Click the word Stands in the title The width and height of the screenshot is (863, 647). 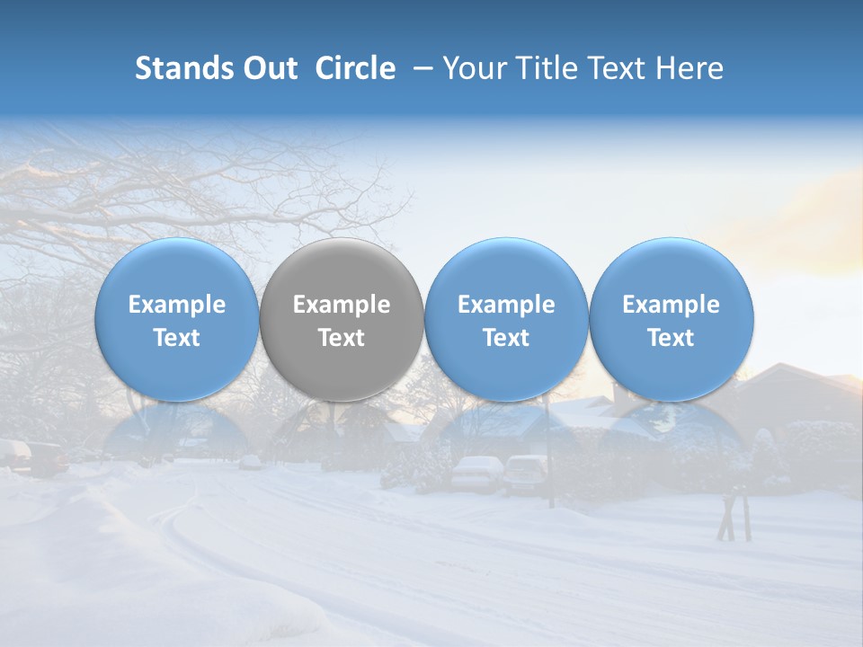[185, 68]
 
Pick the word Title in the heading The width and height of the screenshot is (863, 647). [548, 68]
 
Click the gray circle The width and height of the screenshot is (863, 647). [342, 319]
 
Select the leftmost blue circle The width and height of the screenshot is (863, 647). [176, 319]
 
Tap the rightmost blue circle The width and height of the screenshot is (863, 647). [671, 319]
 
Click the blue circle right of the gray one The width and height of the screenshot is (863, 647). [506, 319]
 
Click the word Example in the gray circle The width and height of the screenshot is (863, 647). [342, 305]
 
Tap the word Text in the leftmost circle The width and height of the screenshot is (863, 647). [176, 338]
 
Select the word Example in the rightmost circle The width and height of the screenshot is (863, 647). [671, 305]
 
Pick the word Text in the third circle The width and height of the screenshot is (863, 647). [506, 338]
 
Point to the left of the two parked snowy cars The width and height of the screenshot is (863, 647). [476, 473]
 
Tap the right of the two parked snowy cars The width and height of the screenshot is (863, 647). [526, 473]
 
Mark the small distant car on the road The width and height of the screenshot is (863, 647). [250, 462]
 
